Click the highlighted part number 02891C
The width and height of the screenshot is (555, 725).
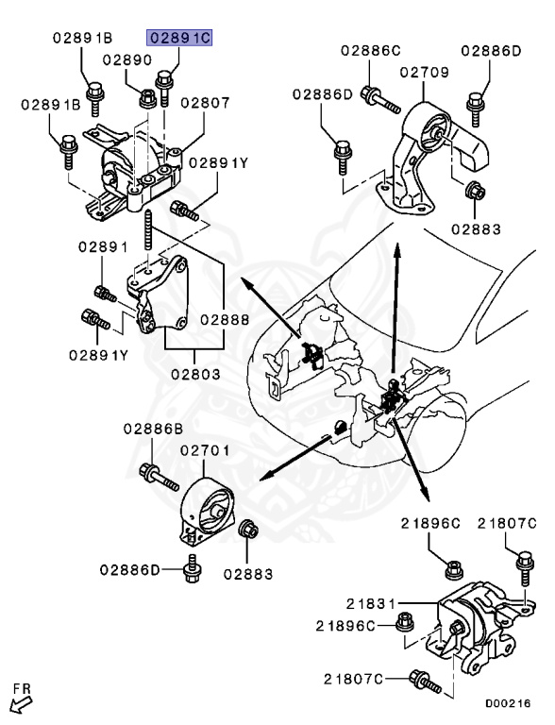point(177,38)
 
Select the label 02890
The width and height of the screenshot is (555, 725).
point(127,59)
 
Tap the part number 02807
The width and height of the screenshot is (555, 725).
point(205,102)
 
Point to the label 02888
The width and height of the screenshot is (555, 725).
point(224,320)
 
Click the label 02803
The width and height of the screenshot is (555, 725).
point(195,374)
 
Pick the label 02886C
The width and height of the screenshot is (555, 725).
point(371,49)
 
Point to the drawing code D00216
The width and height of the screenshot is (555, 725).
point(509,703)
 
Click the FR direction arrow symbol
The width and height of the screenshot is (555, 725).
point(21,700)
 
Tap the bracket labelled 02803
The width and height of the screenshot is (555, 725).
point(159,295)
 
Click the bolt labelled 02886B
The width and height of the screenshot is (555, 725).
point(156,475)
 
